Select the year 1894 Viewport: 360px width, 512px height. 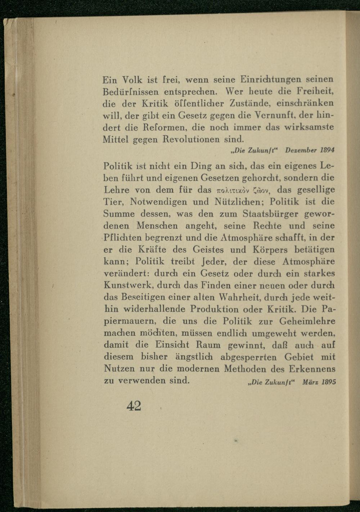click(x=328, y=149)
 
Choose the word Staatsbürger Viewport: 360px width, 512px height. click(x=270, y=214)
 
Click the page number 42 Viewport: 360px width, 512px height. click(x=134, y=406)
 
